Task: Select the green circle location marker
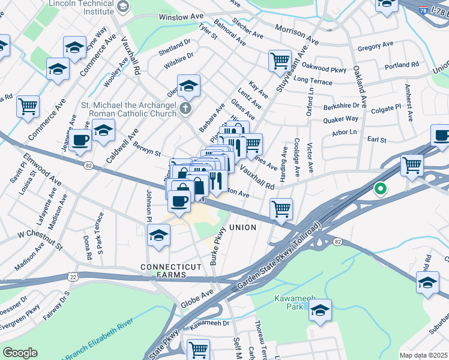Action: pyautogui.click(x=380, y=190)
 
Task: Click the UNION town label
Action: pyautogui.click(x=242, y=227)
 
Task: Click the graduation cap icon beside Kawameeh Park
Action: pyautogui.click(x=321, y=310)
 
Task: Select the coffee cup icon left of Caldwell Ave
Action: pyautogui.click(x=80, y=141)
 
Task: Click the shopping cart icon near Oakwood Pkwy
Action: pyautogui.click(x=280, y=60)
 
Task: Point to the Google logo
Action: pyautogui.click(x=20, y=353)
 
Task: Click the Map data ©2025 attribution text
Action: pyautogui.click(x=423, y=355)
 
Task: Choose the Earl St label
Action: pyautogui.click(x=377, y=140)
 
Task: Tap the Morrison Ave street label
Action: pyautogui.click(x=297, y=35)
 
